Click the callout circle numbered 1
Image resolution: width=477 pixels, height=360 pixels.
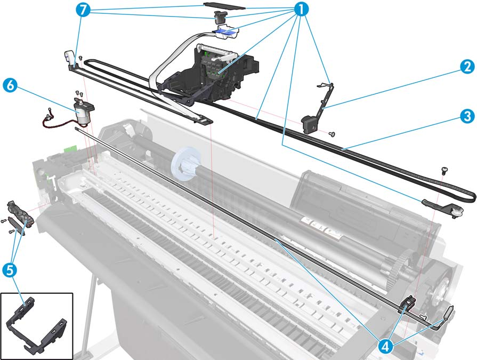coord(301,10)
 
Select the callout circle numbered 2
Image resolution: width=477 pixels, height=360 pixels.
coord(467,67)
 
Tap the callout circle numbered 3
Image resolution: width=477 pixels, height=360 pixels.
coord(467,116)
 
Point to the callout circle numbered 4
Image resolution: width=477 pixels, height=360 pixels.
coord(386,346)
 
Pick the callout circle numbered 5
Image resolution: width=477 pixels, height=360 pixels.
coord(10,270)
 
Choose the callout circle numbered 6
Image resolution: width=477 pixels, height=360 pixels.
coord(10,85)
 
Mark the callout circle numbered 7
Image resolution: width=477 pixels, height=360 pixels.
coord(84,10)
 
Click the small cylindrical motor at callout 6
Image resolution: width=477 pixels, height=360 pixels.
coord(83,111)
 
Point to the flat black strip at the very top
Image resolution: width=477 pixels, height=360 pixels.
coord(224,5)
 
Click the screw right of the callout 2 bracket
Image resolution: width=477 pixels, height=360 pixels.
coord(333,133)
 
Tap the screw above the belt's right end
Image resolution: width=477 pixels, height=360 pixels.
coord(443,171)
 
